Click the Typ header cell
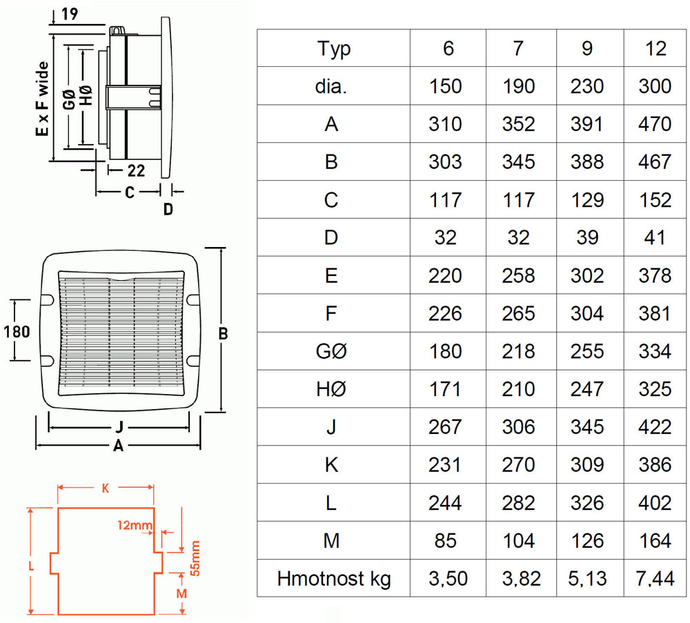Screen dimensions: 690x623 pyautogui.click(x=333, y=49)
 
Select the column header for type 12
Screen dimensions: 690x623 pyautogui.click(x=655, y=48)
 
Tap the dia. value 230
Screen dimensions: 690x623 pyautogui.click(x=587, y=86)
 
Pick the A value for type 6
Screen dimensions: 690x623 pyautogui.click(x=445, y=124)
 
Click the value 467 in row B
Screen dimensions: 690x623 pyautogui.click(x=655, y=162)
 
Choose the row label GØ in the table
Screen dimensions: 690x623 pyautogui.click(x=331, y=351)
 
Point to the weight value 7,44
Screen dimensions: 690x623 pyautogui.click(x=655, y=578)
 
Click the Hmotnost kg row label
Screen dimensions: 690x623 pyautogui.click(x=333, y=579)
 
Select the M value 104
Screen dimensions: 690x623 pyautogui.click(x=518, y=540)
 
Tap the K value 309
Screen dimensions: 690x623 pyautogui.click(x=587, y=464)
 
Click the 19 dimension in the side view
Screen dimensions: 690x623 pyautogui.click(x=70, y=14)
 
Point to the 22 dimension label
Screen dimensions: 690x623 pyautogui.click(x=136, y=170)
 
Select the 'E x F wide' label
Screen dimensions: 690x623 pyautogui.click(x=42, y=99)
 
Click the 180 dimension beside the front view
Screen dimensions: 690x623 pyautogui.click(x=17, y=331)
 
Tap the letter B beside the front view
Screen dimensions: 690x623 pyautogui.click(x=223, y=333)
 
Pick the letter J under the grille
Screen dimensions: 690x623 pyautogui.click(x=119, y=427)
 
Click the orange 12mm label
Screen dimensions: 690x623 pyautogui.click(x=135, y=525)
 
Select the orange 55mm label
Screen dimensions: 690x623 pyautogui.click(x=195, y=558)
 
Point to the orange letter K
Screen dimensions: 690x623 pyautogui.click(x=106, y=488)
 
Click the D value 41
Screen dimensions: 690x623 pyautogui.click(x=655, y=237)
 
